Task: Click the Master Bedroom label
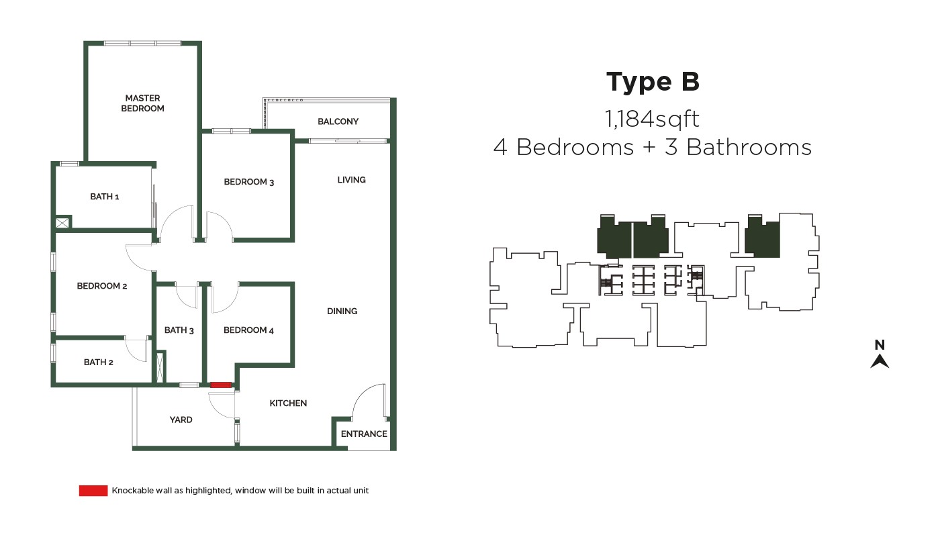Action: click(x=142, y=103)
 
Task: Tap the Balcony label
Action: click(x=338, y=121)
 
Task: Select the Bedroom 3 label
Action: click(x=249, y=182)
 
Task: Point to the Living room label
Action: click(x=351, y=180)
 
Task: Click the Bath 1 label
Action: click(x=105, y=196)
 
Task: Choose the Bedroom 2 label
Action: click(x=102, y=286)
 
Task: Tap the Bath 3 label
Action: click(x=179, y=330)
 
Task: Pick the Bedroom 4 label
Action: click(x=248, y=330)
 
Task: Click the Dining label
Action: click(x=342, y=311)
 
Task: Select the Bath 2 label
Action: click(x=98, y=362)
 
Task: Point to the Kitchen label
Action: click(x=288, y=403)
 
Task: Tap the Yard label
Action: click(x=181, y=420)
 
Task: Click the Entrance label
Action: click(x=364, y=434)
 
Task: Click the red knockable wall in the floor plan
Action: click(x=221, y=385)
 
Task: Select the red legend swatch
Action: click(x=93, y=491)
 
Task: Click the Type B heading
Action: click(x=653, y=82)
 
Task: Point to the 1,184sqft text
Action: click(x=652, y=119)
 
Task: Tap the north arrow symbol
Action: click(x=880, y=361)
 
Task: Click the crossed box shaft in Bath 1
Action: click(x=62, y=223)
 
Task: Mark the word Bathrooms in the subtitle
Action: click(x=749, y=147)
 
